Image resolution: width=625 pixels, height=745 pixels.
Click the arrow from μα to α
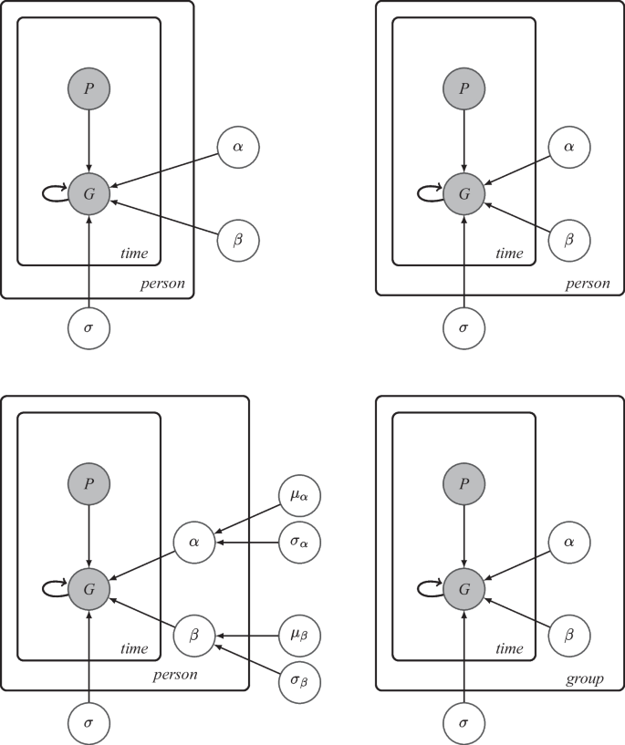click(248, 521)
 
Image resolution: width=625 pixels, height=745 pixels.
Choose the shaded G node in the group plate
click(464, 590)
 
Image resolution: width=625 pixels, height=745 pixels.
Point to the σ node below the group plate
click(464, 723)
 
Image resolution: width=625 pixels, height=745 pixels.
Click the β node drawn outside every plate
click(240, 239)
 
